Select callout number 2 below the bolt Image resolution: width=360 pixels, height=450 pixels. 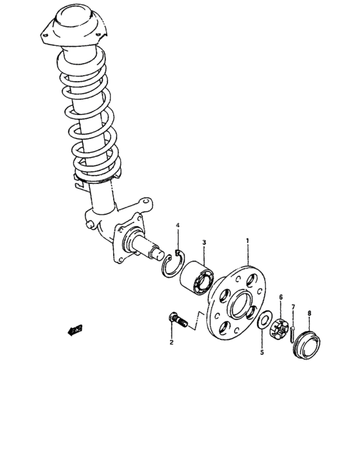172,342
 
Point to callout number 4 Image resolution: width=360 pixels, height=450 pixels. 178,225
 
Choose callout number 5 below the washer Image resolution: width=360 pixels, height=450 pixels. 262,352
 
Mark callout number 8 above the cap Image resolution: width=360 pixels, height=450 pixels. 309,313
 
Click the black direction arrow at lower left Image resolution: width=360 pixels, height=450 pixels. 75,330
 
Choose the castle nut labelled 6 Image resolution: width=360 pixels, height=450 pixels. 280,328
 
